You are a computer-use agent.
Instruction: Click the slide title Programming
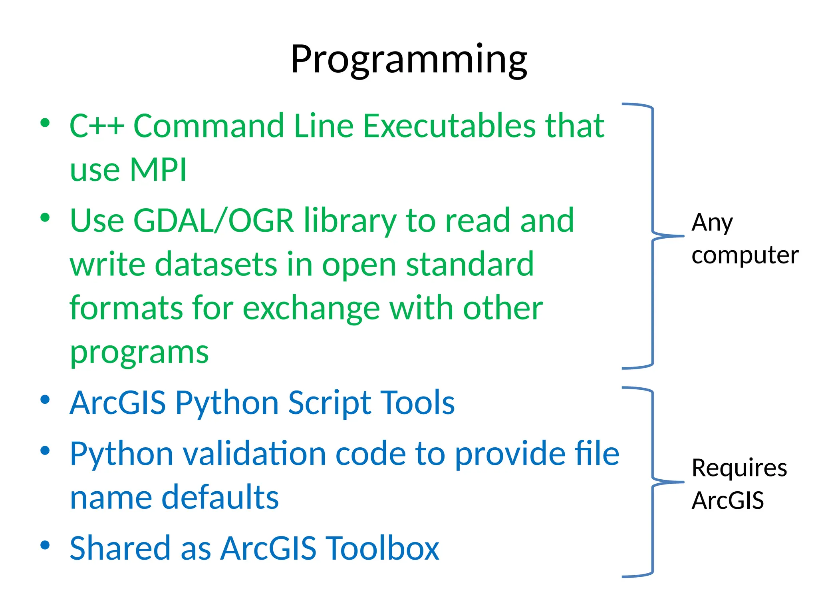pos(409,60)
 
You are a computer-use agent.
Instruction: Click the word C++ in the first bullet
pos(97,126)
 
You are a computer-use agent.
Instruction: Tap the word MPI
pos(158,170)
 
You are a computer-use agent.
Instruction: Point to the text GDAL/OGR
pos(213,220)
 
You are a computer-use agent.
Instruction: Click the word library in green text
pos(350,221)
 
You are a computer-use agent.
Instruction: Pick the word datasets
pos(216,264)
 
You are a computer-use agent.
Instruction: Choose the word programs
pos(139,353)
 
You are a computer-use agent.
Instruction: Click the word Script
pos(328,403)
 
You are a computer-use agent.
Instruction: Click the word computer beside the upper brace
pos(745,256)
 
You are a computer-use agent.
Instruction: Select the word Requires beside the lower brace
pos(739,468)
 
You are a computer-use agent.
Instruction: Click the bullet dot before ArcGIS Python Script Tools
pos(45,399)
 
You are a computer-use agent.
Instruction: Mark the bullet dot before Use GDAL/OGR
pos(45,217)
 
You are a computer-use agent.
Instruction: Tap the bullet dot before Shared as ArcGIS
pos(45,545)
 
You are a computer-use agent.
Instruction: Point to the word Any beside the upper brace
pos(712,223)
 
